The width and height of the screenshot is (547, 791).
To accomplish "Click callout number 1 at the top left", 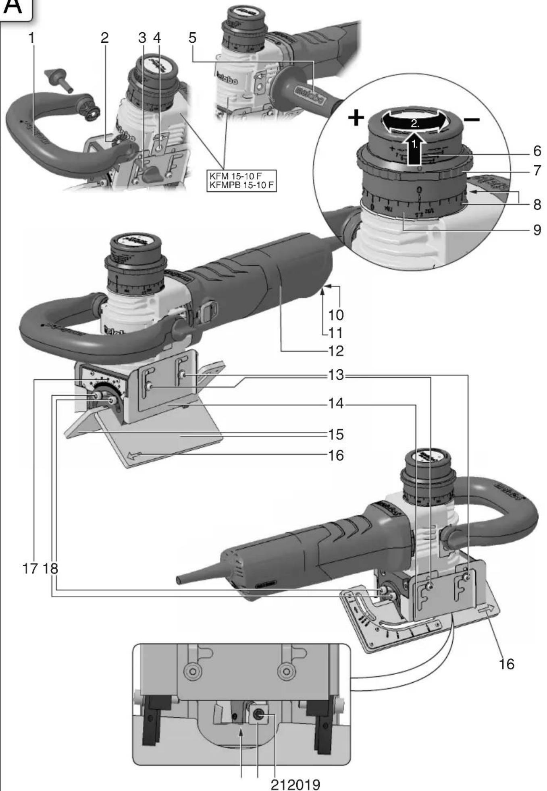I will coord(31,38).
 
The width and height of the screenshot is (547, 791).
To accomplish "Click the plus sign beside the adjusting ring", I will coord(356,118).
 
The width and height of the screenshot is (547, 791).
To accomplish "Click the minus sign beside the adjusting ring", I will coord(472,119).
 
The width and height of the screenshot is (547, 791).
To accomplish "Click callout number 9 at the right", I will coord(537,230).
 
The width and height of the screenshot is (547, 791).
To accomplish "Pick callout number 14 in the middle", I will coord(335,403).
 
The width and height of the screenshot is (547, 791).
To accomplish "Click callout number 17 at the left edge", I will coord(29,569).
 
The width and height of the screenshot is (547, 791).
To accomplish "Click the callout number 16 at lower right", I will coord(506,664).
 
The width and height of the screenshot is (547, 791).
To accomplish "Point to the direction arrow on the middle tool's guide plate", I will coord(134,456).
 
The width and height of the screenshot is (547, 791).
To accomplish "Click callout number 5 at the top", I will coord(192,38).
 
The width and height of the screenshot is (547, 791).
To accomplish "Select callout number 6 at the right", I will coord(537,151).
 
